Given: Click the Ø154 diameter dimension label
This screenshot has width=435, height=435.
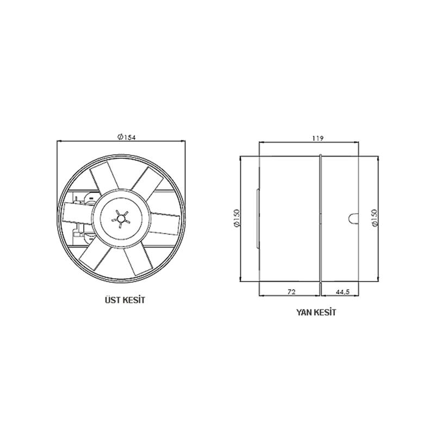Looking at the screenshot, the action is tap(126, 137).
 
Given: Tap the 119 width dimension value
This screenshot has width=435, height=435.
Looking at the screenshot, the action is tap(318, 138).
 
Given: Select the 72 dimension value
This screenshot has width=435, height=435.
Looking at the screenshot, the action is tap(291, 291).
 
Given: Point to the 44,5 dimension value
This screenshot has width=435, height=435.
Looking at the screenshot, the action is tap(343, 292).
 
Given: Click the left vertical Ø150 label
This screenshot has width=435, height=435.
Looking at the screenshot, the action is tap(237, 219).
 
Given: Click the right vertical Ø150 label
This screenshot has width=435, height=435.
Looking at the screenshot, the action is tap(375, 219).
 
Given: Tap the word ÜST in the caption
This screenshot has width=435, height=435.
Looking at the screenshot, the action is tap(111, 300).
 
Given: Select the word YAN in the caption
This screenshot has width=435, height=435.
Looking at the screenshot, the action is tap(303, 312).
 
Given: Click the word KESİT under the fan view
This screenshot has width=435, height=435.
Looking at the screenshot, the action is tap(132, 300).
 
